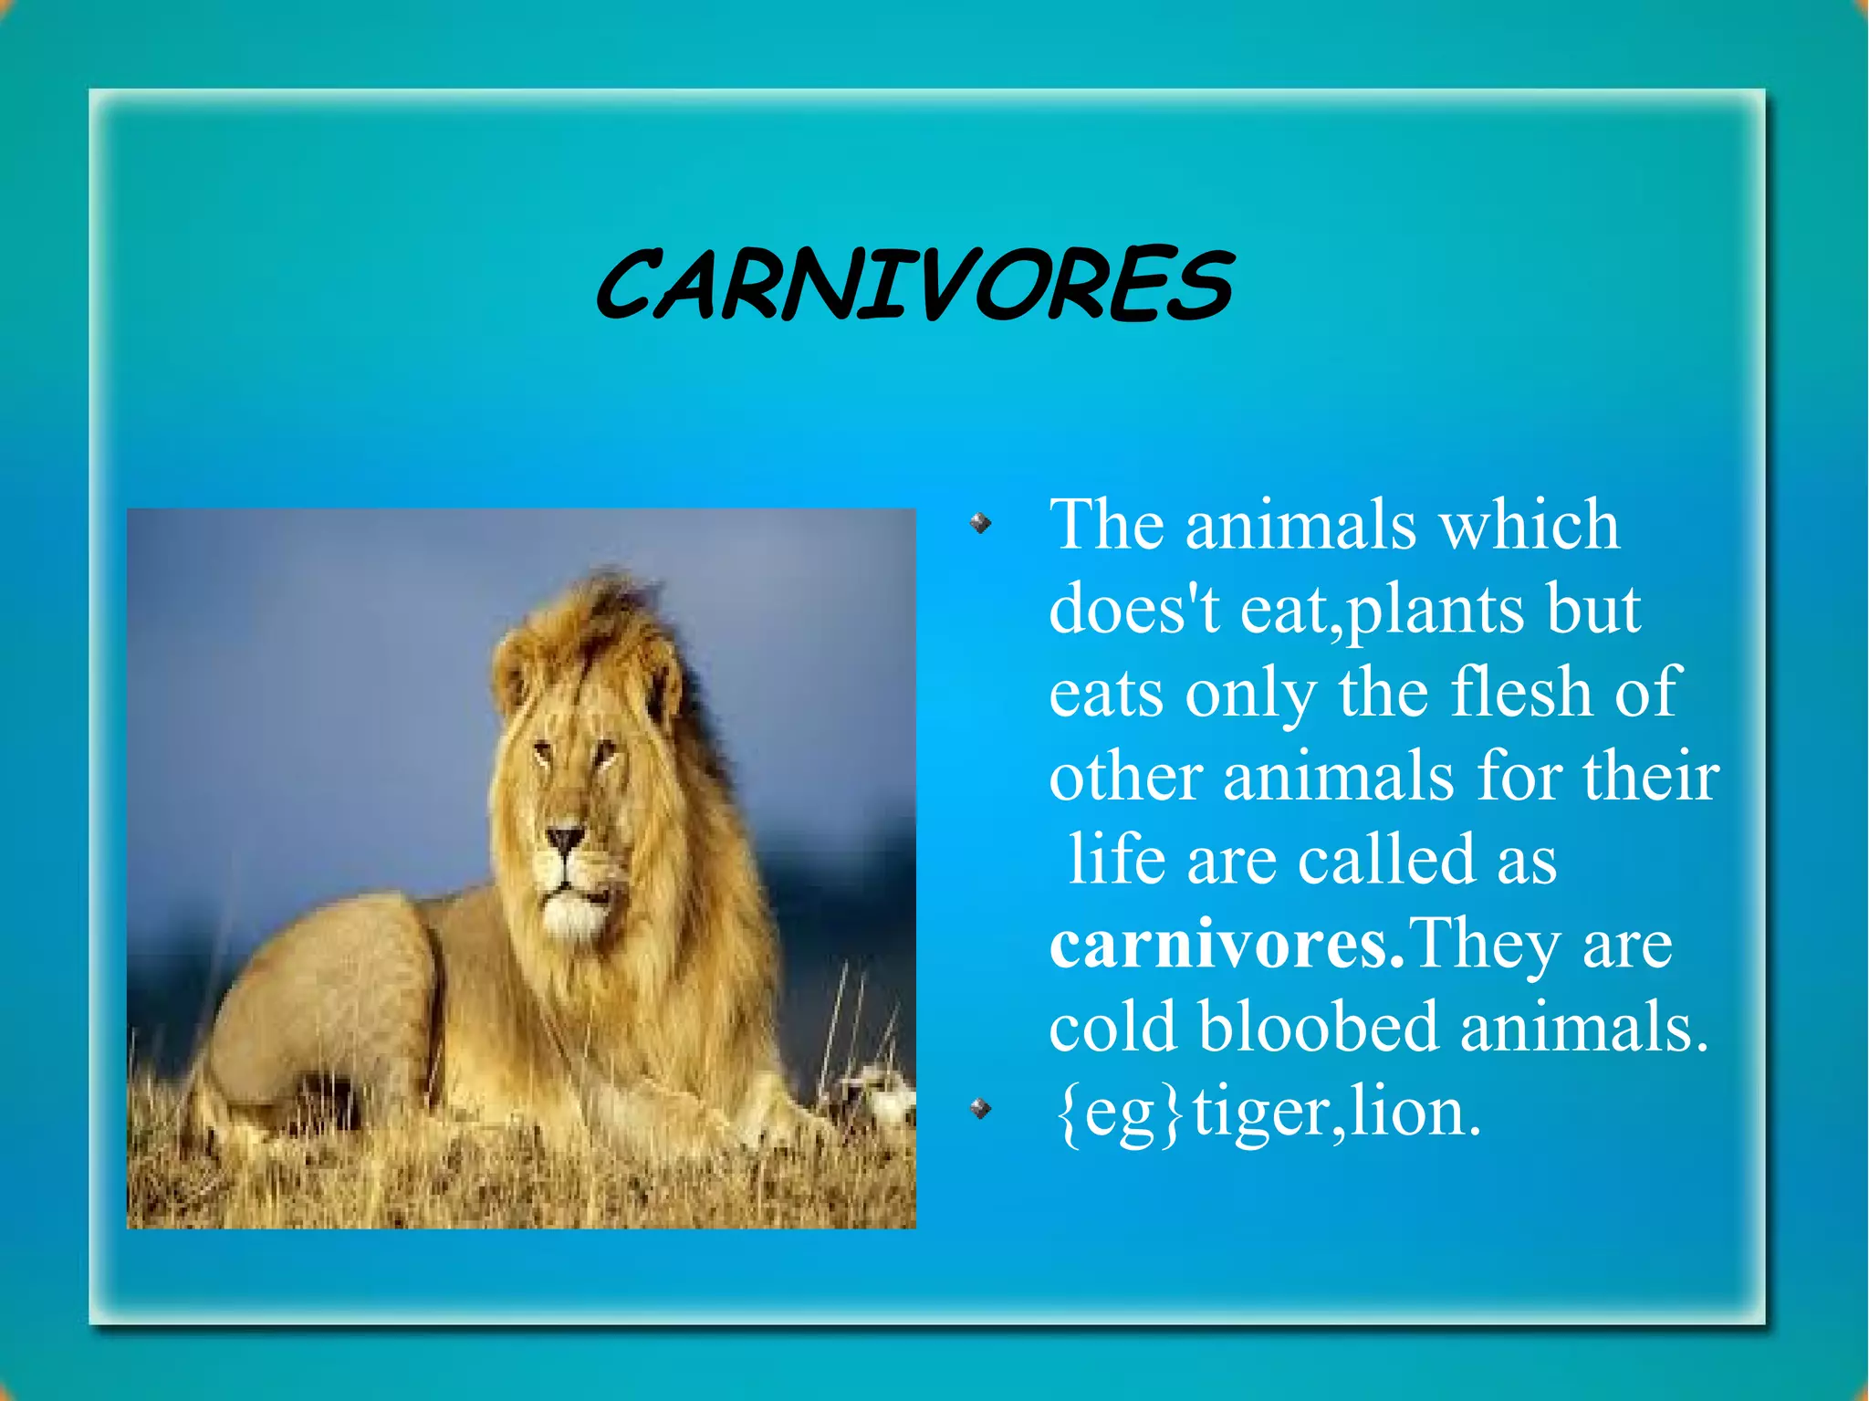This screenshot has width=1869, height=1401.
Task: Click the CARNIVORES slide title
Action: click(914, 285)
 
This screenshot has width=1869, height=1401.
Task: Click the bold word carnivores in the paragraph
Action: click(1226, 945)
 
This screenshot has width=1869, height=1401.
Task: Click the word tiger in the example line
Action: click(1259, 1113)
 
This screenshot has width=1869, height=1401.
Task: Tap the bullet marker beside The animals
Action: click(980, 523)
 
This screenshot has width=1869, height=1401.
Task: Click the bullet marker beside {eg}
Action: click(980, 1109)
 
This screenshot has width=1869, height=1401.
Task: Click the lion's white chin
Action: click(573, 917)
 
